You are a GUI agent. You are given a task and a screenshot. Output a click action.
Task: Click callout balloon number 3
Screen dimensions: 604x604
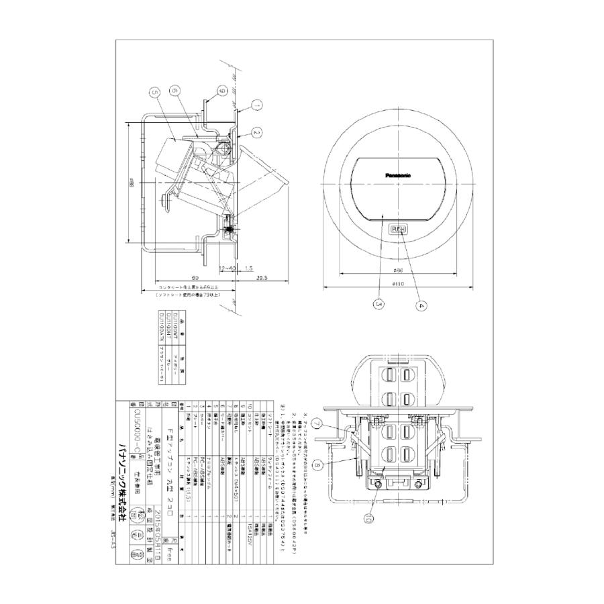pyautogui.click(x=380, y=305)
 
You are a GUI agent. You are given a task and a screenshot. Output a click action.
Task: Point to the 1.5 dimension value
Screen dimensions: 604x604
pyautogui.click(x=248, y=268)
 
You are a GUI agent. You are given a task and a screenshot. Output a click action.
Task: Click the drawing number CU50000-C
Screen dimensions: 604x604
pyautogui.click(x=136, y=431)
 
